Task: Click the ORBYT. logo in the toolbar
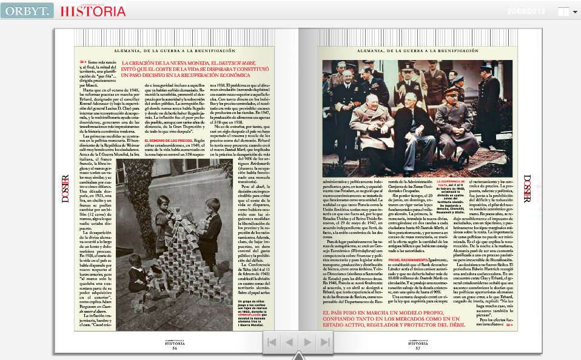(27, 10)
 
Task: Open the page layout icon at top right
(564, 12)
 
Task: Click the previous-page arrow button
(289, 342)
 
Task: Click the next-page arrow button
(307, 342)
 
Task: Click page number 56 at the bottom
(175, 348)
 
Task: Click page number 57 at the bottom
(417, 348)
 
